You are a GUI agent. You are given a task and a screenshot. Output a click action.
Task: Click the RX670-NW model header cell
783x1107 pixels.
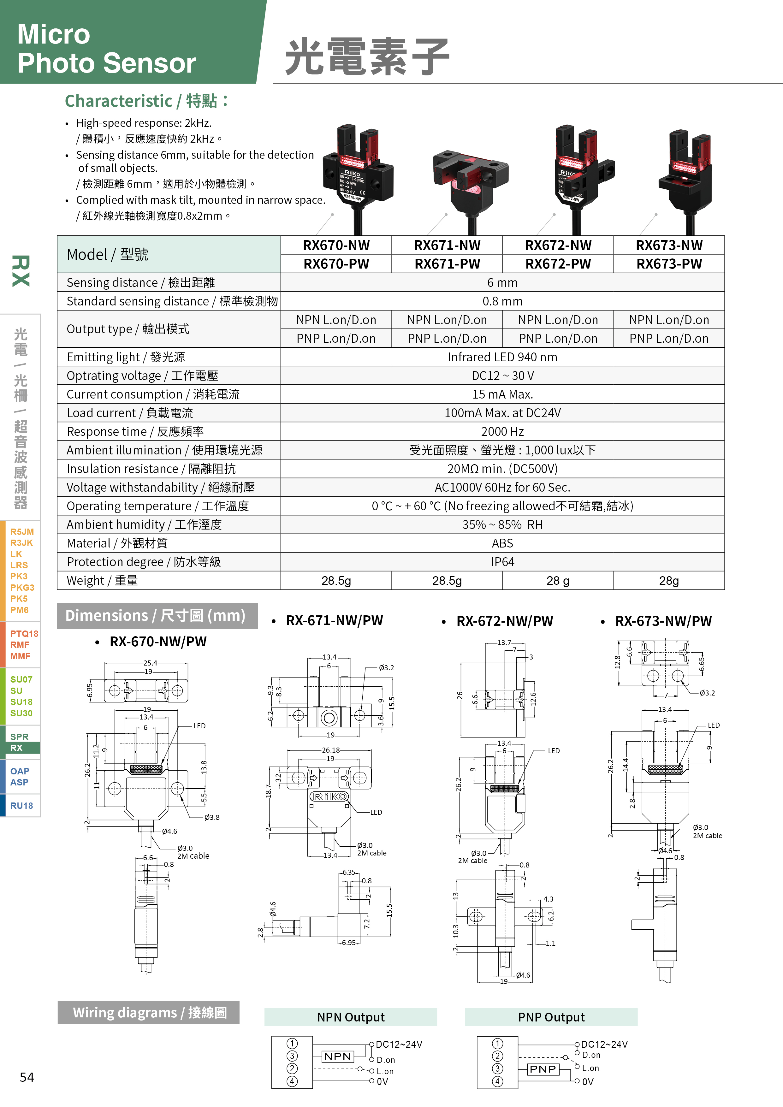coord(336,245)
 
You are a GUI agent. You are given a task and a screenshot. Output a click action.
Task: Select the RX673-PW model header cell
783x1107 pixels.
coord(669,264)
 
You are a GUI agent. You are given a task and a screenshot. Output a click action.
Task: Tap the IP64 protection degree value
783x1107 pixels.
coord(502,562)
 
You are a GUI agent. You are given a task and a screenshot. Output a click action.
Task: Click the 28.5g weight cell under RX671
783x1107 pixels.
coord(447,581)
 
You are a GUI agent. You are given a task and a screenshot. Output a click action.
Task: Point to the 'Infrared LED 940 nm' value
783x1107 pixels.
coord(502,357)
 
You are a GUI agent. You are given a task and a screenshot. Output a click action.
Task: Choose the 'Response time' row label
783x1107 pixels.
coord(135,431)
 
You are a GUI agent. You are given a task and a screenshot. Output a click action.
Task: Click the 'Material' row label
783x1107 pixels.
coord(117,543)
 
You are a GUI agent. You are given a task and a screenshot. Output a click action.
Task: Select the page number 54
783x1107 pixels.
coord(27,1077)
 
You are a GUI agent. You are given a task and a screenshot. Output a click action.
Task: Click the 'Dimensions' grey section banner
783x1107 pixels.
coord(157,616)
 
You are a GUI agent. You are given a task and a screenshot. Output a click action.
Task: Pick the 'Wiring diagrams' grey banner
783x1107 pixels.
coord(149,1013)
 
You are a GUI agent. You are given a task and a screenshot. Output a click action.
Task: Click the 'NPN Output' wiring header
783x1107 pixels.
coord(351,1017)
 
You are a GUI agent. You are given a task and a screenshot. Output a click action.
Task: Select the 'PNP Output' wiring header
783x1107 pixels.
coord(551,1017)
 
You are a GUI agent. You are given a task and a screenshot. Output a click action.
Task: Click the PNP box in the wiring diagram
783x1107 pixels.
coord(543,1069)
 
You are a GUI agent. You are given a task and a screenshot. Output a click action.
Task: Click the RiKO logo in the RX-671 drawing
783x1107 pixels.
coord(329,796)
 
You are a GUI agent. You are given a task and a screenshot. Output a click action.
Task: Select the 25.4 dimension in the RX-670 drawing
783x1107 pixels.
coord(150,663)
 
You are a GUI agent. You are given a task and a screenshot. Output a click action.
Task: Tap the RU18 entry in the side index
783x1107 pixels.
coord(22,806)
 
